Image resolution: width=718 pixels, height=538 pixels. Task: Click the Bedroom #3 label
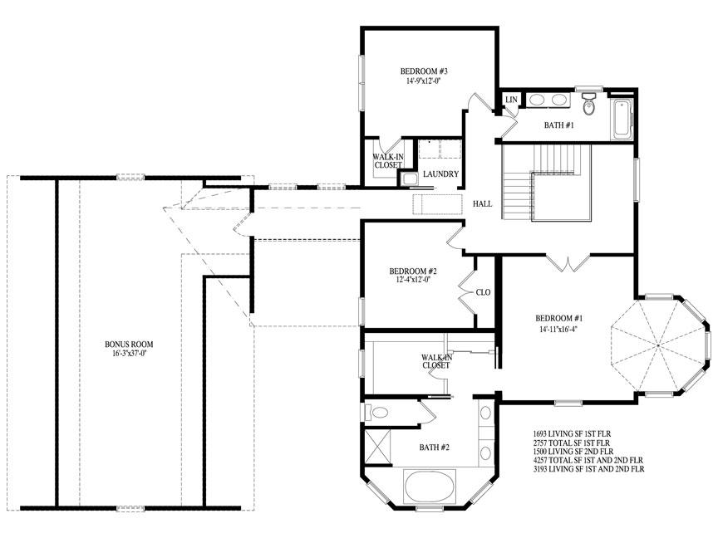(424, 71)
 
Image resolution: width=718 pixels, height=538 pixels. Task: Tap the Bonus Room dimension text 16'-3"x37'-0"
(129, 353)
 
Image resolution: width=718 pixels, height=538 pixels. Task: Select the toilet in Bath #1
(589, 104)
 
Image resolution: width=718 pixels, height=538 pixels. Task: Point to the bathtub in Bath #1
(622, 119)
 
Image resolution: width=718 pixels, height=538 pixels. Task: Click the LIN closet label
(511, 100)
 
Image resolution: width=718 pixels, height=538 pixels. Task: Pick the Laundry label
(440, 174)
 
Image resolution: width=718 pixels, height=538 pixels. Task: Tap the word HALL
(482, 204)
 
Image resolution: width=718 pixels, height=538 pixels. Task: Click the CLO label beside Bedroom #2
(483, 292)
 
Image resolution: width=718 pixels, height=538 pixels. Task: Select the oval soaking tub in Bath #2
(430, 487)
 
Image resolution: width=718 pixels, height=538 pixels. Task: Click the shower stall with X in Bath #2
(377, 447)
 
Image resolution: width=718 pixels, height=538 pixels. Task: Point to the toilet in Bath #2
(376, 413)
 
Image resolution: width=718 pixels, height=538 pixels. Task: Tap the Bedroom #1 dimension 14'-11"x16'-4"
(558, 329)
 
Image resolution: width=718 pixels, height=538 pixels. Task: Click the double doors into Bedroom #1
(568, 263)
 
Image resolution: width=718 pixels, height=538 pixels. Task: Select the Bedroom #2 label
(413, 271)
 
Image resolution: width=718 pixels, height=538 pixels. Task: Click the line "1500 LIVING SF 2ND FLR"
(573, 452)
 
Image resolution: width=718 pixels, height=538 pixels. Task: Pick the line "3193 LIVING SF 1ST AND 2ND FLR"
(588, 469)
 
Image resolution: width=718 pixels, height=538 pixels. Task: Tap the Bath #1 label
(558, 125)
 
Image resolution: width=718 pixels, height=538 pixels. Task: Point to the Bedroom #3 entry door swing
(479, 104)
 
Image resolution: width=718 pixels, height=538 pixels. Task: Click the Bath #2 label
(434, 447)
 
